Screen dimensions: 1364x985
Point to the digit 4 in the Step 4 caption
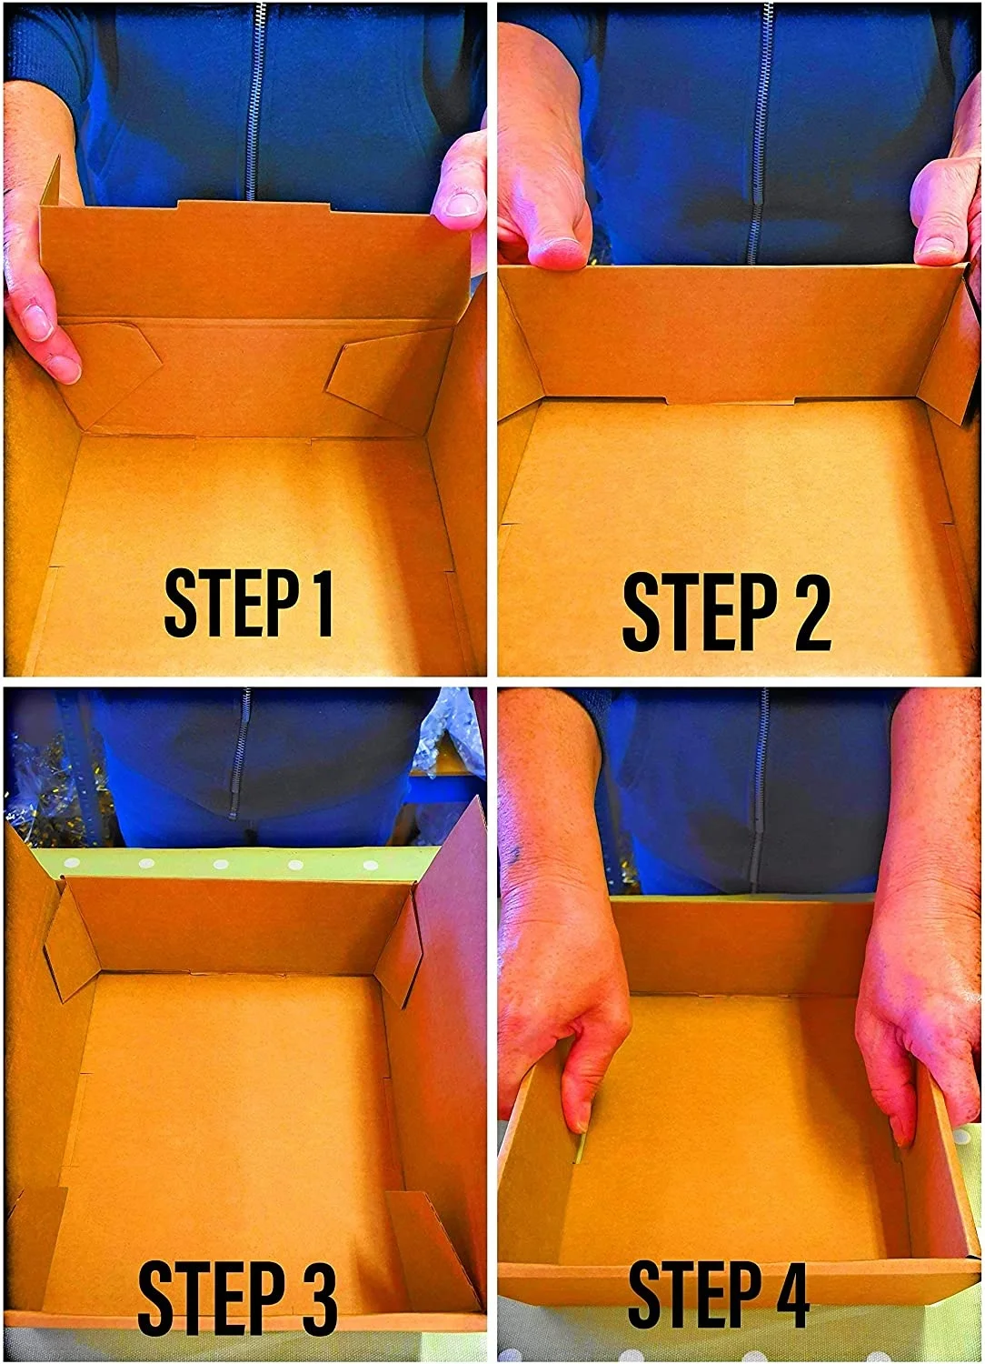point(788,1295)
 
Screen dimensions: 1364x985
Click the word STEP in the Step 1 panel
point(233,603)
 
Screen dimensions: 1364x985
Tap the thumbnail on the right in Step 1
point(463,203)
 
